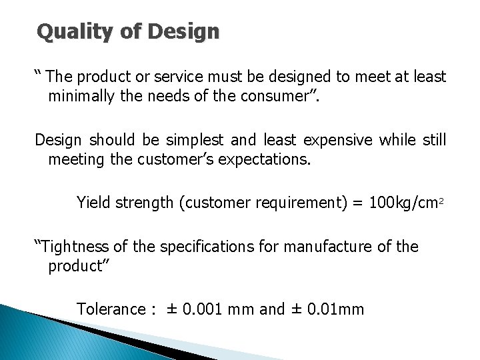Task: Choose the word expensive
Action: (337, 140)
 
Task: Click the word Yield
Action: (93, 203)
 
